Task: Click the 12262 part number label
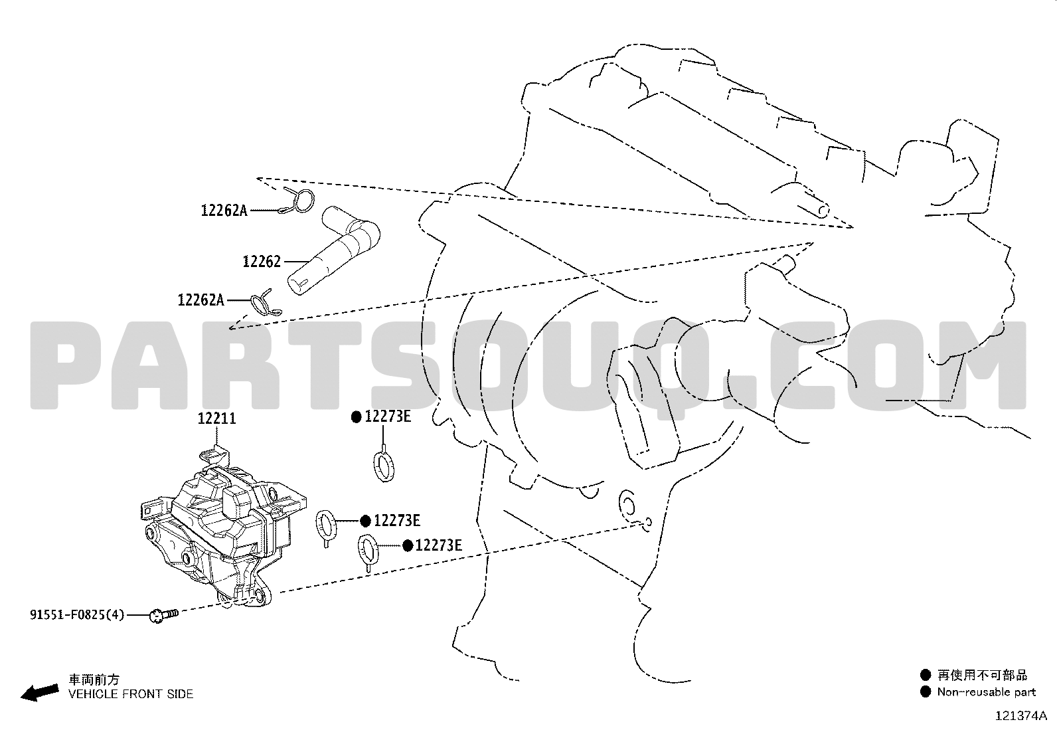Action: (262, 262)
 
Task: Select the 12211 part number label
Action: (216, 418)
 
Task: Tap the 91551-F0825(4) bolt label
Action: (77, 615)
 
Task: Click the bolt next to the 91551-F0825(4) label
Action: (163, 615)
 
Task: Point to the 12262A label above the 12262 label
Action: (224, 211)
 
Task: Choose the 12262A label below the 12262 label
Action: (201, 300)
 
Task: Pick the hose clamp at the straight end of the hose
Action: (265, 303)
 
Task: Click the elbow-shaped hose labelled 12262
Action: (333, 250)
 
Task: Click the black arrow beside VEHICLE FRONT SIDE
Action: (40, 693)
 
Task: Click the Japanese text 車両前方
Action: (94, 680)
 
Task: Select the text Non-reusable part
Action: (986, 692)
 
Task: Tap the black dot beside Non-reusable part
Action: (926, 691)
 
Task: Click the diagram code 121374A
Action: (1021, 716)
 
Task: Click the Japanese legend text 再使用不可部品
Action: (983, 676)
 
